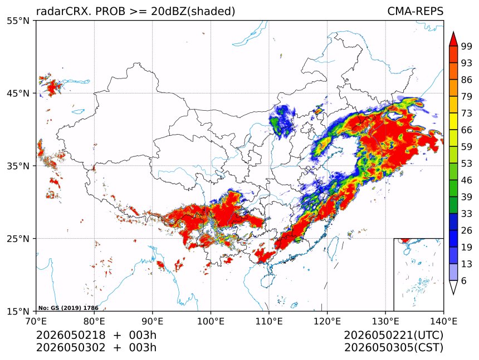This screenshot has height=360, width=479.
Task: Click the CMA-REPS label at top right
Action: click(415, 11)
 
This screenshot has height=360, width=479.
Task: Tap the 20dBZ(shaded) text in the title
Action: click(193, 12)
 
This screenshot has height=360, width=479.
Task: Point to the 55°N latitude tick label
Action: click(18, 21)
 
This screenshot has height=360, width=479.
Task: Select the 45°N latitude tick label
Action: click(18, 93)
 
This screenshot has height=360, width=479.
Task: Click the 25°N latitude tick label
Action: click(18, 238)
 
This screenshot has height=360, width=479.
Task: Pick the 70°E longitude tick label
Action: click(36, 321)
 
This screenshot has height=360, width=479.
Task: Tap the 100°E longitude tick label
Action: click(211, 321)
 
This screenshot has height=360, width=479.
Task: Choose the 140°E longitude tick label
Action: click(443, 321)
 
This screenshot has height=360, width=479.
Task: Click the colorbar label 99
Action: click(467, 46)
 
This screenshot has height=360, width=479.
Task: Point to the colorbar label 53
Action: click(467, 164)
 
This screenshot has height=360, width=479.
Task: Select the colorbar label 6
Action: click(464, 280)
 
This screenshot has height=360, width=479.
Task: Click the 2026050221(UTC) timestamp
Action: click(393, 336)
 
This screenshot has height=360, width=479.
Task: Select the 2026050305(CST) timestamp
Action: click(393, 348)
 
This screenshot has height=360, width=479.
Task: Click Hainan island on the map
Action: click(268, 280)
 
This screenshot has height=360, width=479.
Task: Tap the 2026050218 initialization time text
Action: click(71, 335)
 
